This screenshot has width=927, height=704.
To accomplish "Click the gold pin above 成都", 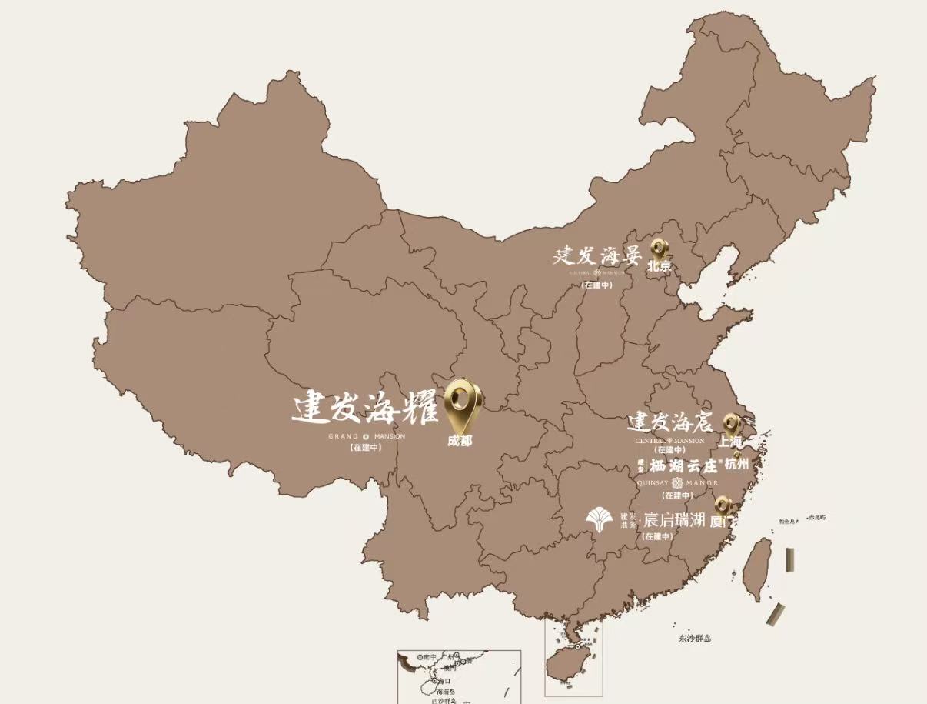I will coord(463,402).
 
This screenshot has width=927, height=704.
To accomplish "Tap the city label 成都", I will coord(460,441).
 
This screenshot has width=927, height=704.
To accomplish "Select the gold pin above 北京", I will coord(660,249).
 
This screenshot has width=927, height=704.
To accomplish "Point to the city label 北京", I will coord(659,267).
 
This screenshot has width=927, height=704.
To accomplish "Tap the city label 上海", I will coord(730,442).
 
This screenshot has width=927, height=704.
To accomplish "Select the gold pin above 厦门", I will coord(723,505).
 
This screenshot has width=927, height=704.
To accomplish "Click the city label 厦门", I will coord(721,521).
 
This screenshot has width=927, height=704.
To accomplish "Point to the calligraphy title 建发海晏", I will coord(597,255).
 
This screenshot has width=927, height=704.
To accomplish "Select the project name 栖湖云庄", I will coord(683,465).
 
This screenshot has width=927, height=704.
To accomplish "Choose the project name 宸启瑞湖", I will coord(673,520).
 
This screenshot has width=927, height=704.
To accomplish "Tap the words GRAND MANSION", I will coord(366,436).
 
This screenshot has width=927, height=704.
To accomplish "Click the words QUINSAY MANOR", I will coord(677,482).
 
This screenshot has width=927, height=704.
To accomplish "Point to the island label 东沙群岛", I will coord(695,639).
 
